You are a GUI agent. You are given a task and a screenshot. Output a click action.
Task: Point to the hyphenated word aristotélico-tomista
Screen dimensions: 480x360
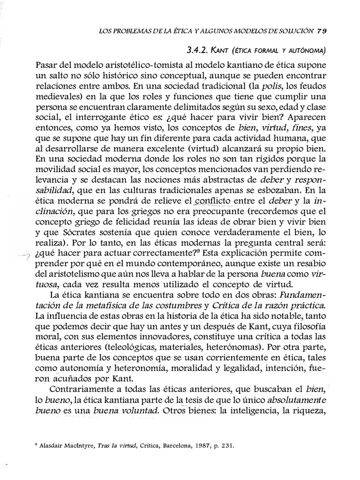coord(127,63)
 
